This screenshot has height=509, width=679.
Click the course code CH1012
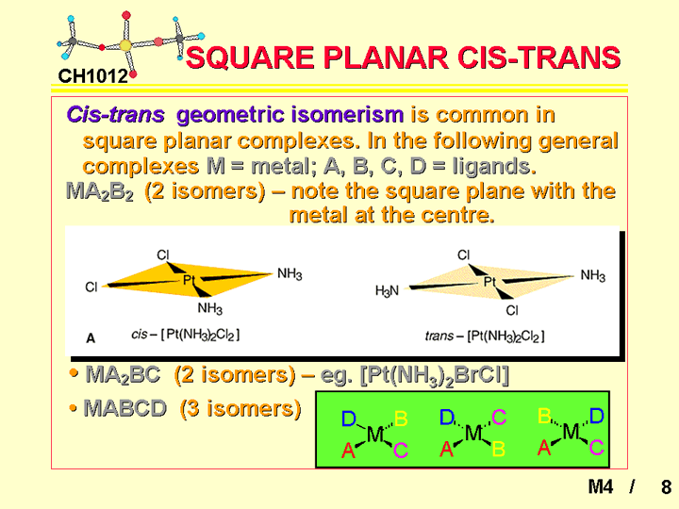coord(93,76)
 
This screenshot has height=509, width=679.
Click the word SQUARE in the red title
coord(250,57)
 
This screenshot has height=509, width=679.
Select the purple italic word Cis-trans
coord(116,115)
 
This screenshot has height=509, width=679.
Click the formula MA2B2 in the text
coord(100,191)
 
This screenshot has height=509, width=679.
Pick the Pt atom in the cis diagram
coord(189,280)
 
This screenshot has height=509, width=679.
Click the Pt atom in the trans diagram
coord(489,282)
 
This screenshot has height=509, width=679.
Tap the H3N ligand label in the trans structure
coord(387,291)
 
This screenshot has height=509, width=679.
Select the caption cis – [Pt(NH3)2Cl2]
coord(186,335)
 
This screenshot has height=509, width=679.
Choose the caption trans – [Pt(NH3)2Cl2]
coord(485,336)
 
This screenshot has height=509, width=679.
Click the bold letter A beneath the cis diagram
coord(91,338)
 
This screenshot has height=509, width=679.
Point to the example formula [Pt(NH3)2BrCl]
coord(435,375)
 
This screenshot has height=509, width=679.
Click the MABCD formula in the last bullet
coord(125,408)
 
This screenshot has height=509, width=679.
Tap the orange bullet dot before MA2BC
coord(74,373)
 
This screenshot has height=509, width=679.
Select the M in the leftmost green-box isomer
coord(375,434)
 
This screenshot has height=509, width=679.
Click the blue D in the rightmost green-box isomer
coord(597,416)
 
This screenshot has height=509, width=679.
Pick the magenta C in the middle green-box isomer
coord(499,418)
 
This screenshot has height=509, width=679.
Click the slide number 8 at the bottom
coord(666,487)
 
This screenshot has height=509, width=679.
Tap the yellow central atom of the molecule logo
coord(125,45)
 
